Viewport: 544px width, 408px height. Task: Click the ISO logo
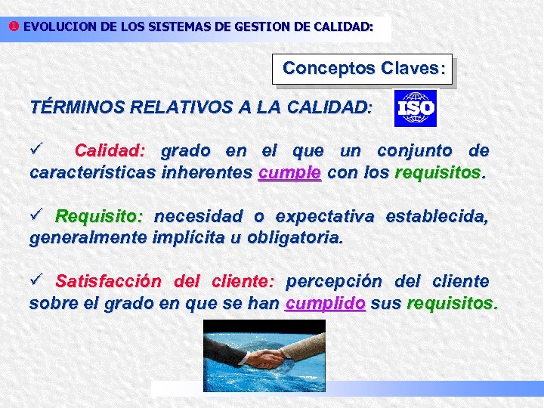(x=416, y=109)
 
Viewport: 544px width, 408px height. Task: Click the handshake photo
(x=264, y=355)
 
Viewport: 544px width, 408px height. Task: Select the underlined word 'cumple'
(x=289, y=172)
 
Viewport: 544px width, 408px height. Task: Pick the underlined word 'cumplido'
(x=326, y=304)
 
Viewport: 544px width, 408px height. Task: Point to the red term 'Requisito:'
(x=99, y=217)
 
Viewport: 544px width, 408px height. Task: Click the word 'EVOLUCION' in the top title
(x=59, y=26)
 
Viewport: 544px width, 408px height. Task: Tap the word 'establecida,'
(x=437, y=217)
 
